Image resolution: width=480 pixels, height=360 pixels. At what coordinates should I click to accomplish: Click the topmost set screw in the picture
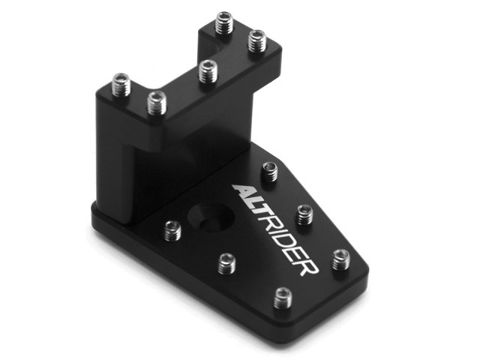pyautogui.click(x=224, y=22)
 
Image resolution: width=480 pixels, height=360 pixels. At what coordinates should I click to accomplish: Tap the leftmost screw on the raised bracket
pyautogui.click(x=121, y=85)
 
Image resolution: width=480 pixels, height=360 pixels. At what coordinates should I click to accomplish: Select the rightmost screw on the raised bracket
pyautogui.click(x=256, y=40)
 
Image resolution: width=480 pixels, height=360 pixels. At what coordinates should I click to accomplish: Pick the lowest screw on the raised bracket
pyautogui.click(x=157, y=103)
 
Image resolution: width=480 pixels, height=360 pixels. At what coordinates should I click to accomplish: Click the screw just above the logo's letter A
pyautogui.click(x=270, y=172)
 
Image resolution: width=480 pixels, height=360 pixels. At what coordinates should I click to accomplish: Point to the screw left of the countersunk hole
pyautogui.click(x=172, y=230)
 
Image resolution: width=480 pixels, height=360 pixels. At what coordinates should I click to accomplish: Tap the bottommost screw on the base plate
pyautogui.click(x=283, y=298)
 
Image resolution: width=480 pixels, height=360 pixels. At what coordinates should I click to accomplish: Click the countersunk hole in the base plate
pyautogui.click(x=211, y=217)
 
